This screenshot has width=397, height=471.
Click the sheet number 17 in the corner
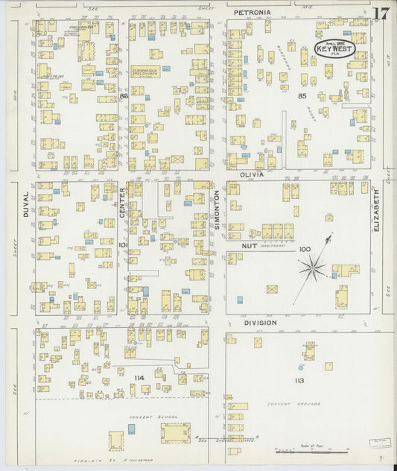pos(381,13)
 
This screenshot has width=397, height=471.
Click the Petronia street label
pos(252,13)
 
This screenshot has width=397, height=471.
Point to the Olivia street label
pos(247,174)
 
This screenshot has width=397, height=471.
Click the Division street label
pos(259,323)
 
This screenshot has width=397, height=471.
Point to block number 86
pos(124,96)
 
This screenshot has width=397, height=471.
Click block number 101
pos(124,244)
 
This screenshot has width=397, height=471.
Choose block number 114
pos(139,378)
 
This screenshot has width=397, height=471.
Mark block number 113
pos(299,380)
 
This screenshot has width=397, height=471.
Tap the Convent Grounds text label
pos(293,405)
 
